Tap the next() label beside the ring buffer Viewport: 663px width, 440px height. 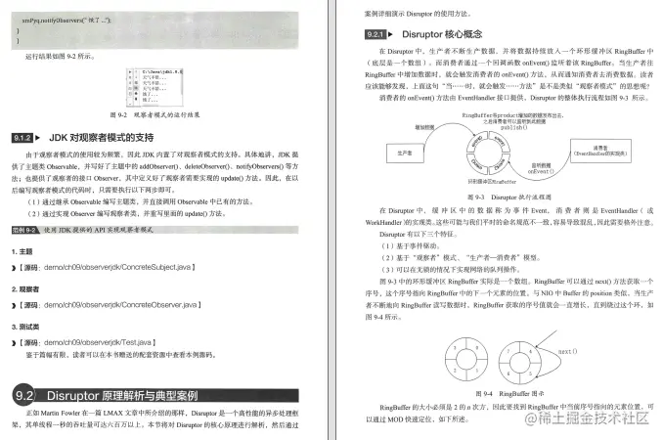(x=568, y=349)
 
